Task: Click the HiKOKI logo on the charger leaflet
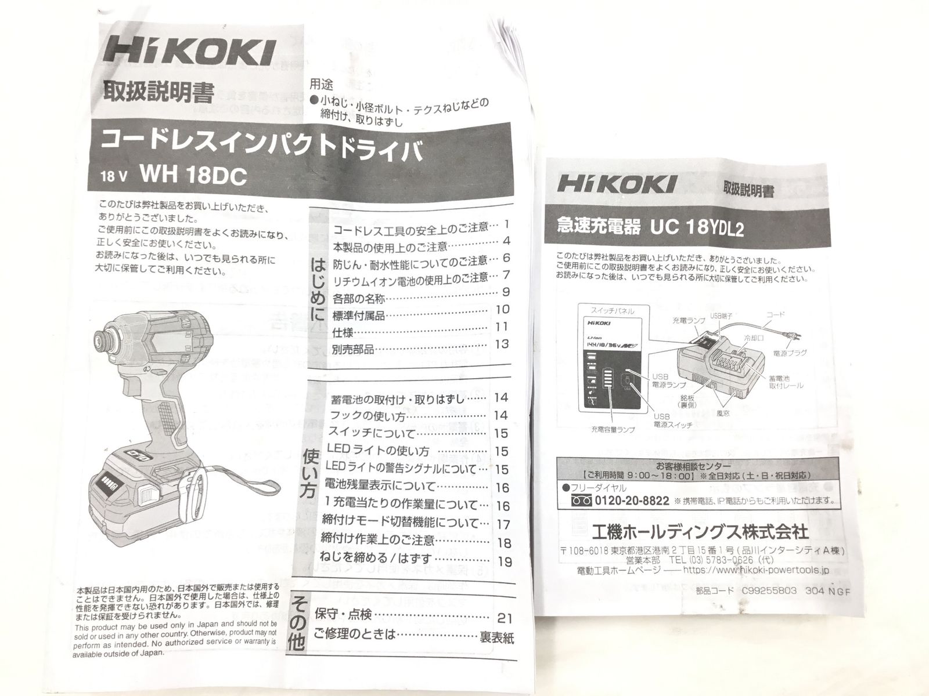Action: click(616, 185)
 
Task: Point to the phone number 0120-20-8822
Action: click(632, 501)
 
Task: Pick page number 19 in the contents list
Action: click(504, 561)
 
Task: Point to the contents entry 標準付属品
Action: click(359, 316)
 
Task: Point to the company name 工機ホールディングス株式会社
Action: click(698, 531)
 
